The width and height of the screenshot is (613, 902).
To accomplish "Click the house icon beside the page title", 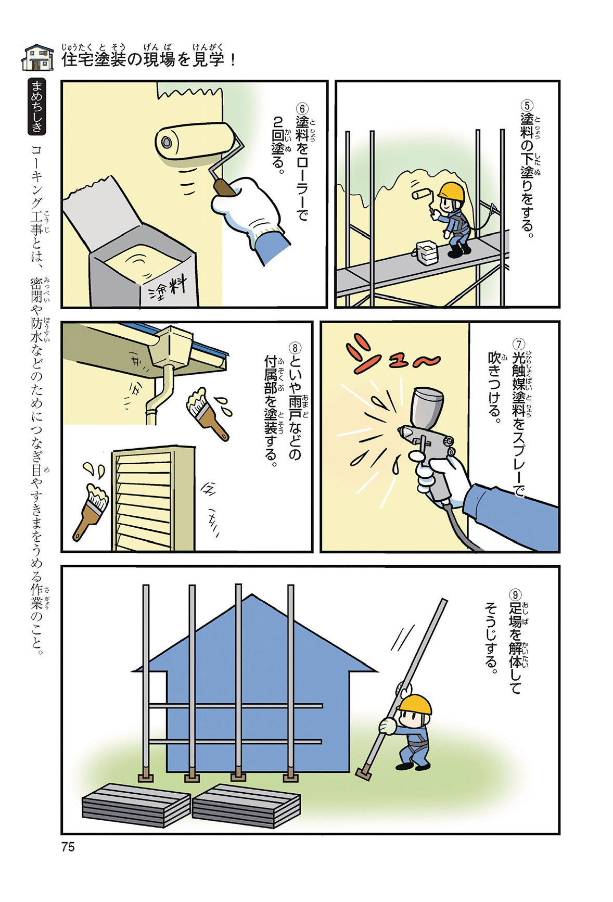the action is tap(38, 57).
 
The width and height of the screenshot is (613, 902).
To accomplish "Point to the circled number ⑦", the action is tap(519, 344).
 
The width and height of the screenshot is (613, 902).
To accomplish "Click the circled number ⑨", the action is tap(515, 594).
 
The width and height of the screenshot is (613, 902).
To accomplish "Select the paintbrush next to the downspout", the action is tap(207, 414).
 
